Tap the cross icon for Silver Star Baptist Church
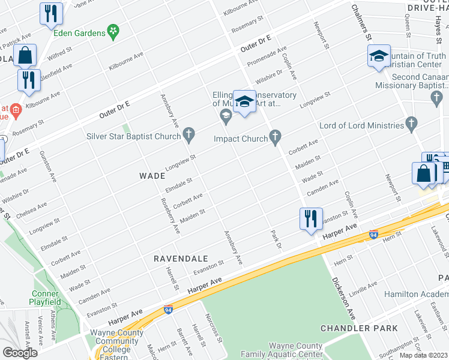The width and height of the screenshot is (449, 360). click(x=189, y=136)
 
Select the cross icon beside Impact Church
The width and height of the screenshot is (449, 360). click(x=276, y=138)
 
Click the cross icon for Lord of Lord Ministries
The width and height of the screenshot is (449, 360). click(x=411, y=125)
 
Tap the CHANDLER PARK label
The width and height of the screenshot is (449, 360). click(x=359, y=328)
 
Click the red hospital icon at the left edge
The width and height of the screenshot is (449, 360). click(x=15, y=109)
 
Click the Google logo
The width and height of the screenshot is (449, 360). click(x=19, y=352)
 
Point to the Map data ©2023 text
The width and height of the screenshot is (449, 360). click(x=424, y=355)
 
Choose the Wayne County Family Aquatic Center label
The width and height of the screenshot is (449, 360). click(x=295, y=351)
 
